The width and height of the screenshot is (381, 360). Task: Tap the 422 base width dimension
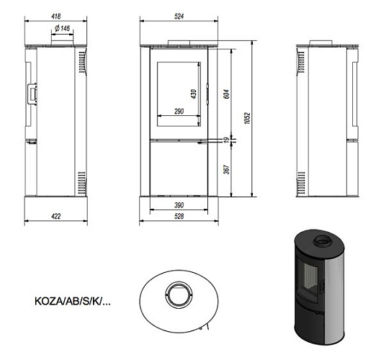pyautogui.click(x=56, y=215)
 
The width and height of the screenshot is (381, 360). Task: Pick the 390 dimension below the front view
pyautogui.click(x=180, y=204)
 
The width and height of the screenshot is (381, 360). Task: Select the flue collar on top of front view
pyautogui.click(x=180, y=42)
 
